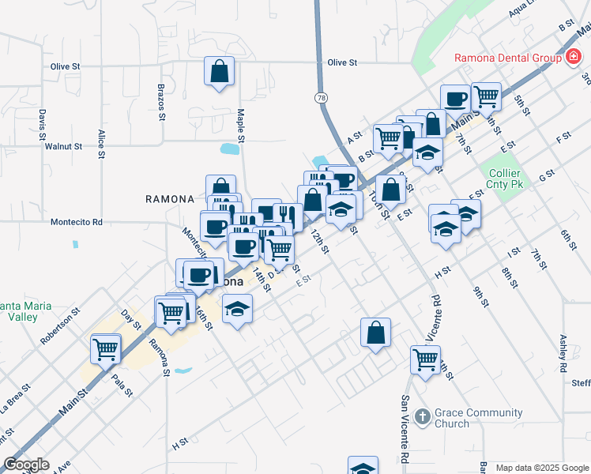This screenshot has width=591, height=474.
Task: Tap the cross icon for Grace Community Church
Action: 423,416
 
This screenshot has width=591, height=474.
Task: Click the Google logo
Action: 26,465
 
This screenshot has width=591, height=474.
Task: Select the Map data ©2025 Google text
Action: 542,468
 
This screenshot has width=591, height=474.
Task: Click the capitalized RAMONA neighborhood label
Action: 170,198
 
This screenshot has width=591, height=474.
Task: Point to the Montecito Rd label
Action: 77,223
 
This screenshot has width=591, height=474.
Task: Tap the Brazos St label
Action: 160,102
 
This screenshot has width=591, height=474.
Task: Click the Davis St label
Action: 42,127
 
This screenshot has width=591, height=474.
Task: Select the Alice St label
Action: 101,145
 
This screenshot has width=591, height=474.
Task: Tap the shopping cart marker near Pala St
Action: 105,347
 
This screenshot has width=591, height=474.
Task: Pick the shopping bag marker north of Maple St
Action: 220,71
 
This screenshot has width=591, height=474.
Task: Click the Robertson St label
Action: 61,325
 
